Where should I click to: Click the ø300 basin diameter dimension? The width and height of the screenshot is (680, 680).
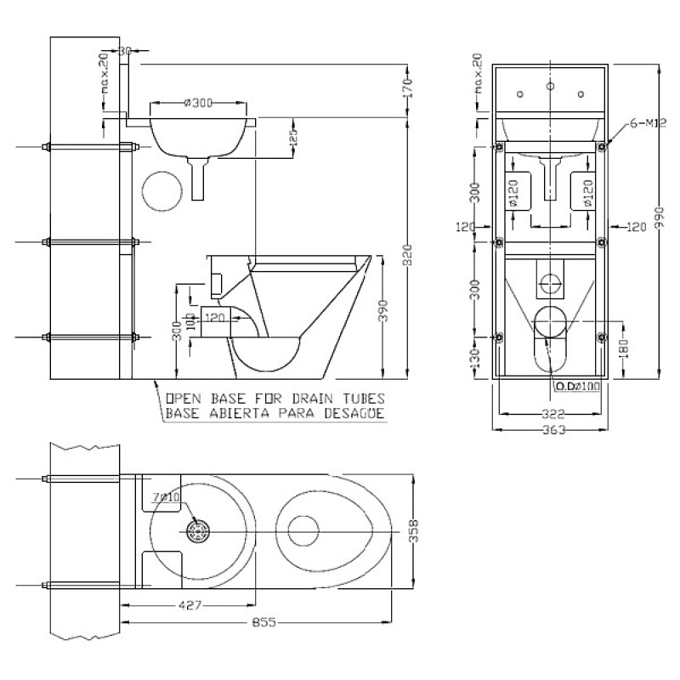(x=197, y=103)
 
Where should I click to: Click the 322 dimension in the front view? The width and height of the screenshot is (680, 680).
(x=553, y=415)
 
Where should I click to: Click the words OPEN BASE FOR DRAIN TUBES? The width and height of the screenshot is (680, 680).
(x=275, y=398)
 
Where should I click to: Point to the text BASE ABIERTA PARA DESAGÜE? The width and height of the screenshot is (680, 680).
(x=275, y=414)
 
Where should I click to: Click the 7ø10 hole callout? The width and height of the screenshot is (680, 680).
(x=165, y=496)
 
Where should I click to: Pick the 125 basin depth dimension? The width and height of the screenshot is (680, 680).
(x=293, y=139)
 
